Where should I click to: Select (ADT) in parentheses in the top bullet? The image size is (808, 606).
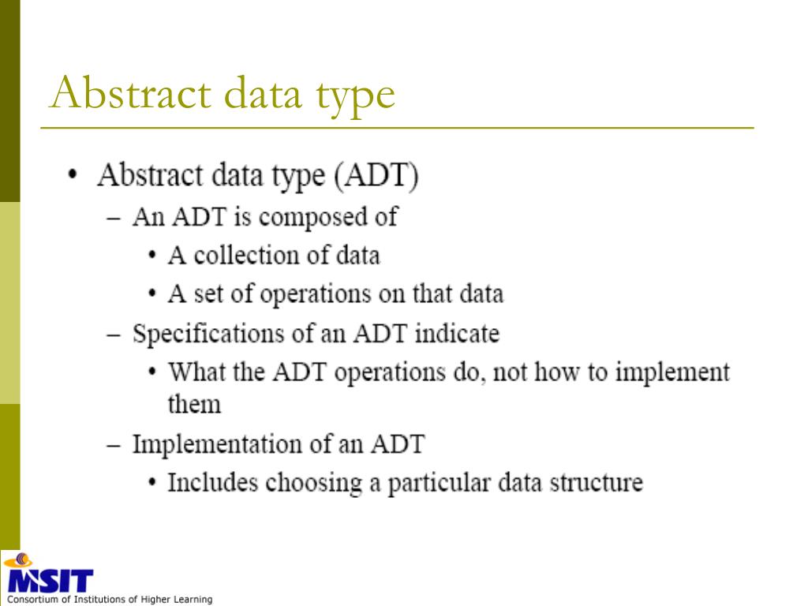click(x=376, y=175)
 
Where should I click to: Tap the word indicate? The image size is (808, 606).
click(x=457, y=333)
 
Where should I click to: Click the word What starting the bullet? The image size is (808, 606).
click(x=198, y=372)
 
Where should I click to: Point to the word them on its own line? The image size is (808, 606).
click(x=194, y=404)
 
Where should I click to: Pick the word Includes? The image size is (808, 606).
click(x=213, y=482)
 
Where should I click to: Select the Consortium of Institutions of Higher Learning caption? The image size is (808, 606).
click(x=110, y=600)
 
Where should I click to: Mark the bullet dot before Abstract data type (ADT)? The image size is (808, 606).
click(x=73, y=176)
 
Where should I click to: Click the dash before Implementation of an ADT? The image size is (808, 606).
click(x=114, y=445)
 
